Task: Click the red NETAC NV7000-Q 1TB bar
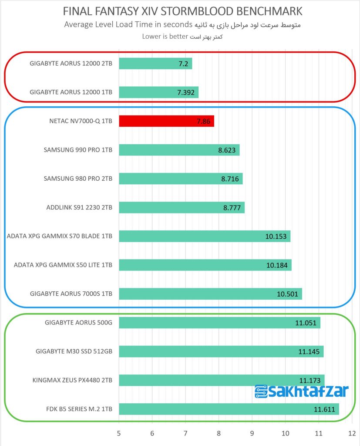tap(166, 121)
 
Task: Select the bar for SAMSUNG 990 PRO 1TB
tap(179, 150)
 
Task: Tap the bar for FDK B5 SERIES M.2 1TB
tap(229, 409)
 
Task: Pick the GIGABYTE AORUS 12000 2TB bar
tap(155, 64)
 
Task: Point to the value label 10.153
tap(276, 237)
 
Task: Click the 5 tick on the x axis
tap(119, 434)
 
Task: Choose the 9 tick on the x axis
tap(252, 434)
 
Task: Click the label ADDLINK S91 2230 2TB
tap(79, 207)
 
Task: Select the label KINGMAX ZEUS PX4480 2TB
tap(72, 380)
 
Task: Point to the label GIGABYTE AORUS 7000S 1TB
tap(71, 294)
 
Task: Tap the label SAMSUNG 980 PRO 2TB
tap(78, 179)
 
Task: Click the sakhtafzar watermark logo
tap(301, 391)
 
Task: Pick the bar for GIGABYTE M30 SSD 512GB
tap(221, 351)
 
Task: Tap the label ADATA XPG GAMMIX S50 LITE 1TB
tap(63, 265)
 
